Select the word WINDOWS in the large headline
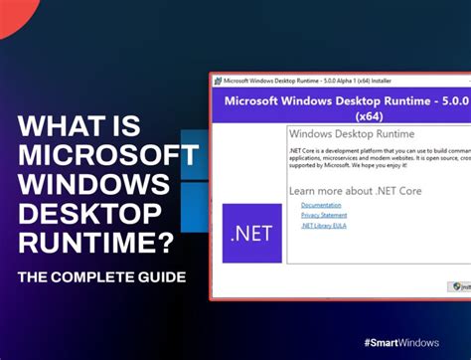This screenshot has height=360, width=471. tap(94, 185)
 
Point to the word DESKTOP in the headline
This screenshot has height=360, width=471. tap(90, 214)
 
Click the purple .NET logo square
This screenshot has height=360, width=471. tap(252, 234)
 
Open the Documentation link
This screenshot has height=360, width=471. tap(321, 205)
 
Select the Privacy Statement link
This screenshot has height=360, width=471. tap(324, 215)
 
